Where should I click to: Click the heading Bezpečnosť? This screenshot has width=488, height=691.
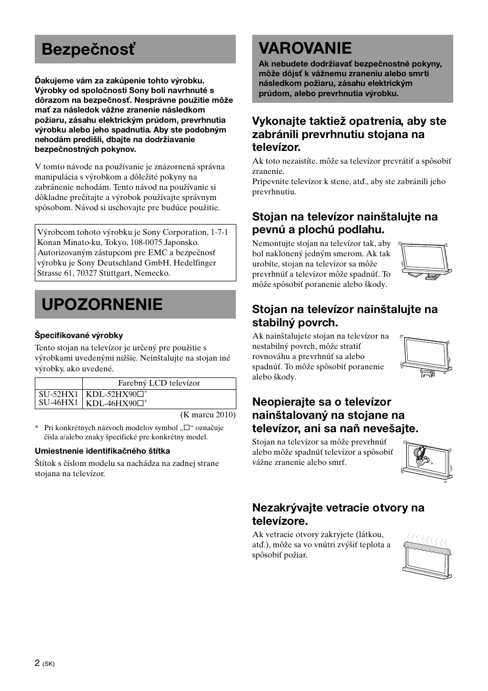pos(88,50)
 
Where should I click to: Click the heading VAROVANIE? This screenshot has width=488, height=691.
pos(305,48)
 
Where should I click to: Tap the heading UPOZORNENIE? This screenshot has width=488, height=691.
pos(102,304)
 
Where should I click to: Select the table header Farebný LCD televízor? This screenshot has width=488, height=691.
pos(159,383)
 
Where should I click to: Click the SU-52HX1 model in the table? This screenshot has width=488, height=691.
pos(58,394)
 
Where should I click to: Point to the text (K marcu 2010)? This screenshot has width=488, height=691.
pos(208,415)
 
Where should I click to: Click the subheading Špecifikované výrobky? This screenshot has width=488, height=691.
pos(79,336)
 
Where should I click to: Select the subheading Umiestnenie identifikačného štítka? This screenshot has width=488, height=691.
pos(102,451)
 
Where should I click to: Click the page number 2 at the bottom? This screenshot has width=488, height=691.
pos(37,663)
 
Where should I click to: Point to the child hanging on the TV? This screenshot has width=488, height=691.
pos(422,455)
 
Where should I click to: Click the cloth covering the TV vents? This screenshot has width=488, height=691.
pos(428,549)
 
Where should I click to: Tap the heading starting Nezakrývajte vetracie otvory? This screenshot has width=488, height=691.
pos(338,515)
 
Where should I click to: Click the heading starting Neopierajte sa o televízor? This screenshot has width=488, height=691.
pos(335,415)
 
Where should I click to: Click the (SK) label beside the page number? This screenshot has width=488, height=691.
pos(49,664)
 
